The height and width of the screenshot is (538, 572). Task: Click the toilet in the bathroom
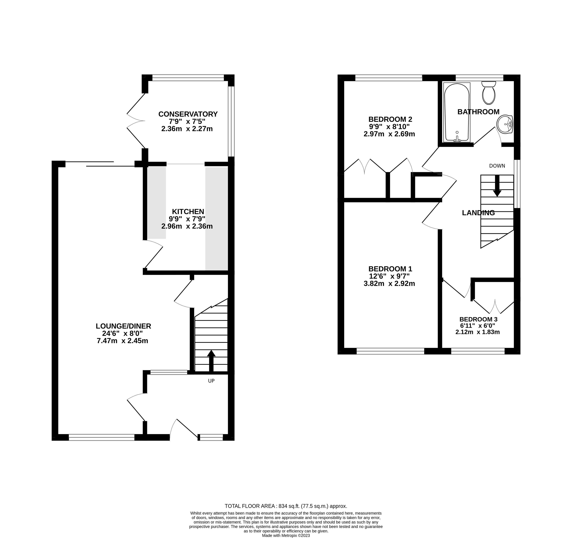click(488, 93)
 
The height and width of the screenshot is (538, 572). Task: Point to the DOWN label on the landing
click(497, 166)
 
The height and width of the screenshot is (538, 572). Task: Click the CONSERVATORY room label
click(188, 114)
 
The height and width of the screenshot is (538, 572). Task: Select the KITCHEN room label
click(188, 212)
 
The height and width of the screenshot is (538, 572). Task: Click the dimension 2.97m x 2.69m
click(389, 134)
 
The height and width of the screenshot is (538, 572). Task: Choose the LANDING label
click(478, 213)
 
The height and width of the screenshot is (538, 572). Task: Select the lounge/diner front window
click(102, 438)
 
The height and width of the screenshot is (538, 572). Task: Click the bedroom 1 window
click(390, 351)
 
